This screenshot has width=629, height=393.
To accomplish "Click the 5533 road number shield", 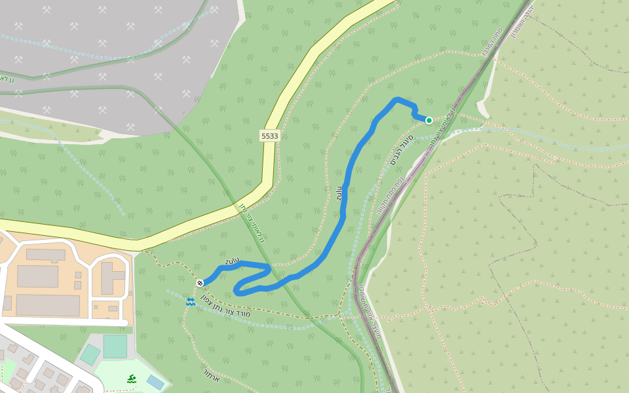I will (269, 136).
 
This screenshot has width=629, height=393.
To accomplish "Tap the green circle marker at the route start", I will (429, 121).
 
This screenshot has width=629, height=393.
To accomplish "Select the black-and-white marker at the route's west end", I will (200, 283).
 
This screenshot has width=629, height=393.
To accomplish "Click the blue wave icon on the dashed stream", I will (190, 301).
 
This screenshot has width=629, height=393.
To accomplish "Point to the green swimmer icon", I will (132, 379).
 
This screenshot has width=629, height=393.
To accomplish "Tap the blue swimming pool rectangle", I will (155, 382).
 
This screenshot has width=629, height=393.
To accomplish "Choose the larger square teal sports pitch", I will (115, 346).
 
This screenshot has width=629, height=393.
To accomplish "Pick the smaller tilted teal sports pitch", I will (90, 355).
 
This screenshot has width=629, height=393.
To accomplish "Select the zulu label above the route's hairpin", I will (232, 261).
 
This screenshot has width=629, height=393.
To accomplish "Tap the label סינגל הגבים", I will (400, 153).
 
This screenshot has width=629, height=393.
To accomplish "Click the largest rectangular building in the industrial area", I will (47, 305).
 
